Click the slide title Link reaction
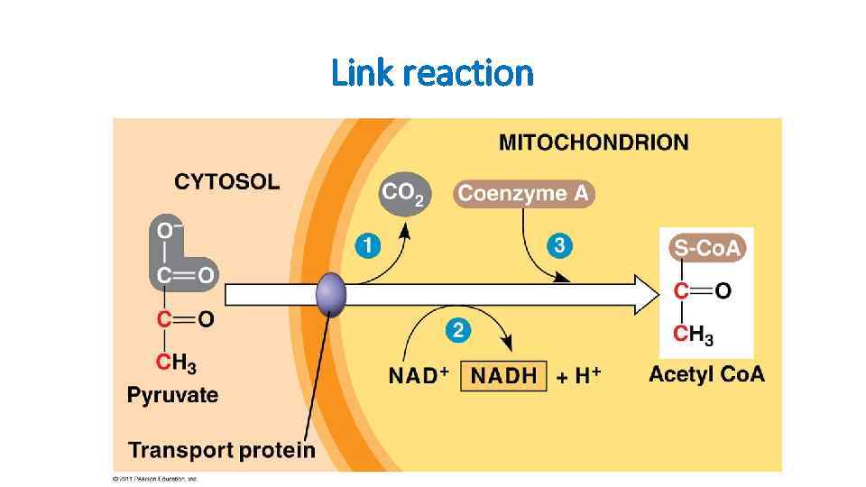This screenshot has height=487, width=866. click(x=432, y=72)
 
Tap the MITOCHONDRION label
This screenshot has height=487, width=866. click(x=593, y=142)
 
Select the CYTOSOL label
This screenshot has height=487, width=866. click(x=226, y=182)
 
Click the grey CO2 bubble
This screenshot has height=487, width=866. click(x=403, y=193)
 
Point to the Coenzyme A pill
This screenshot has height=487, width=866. click(x=524, y=193)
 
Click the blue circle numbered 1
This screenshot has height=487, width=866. click(x=367, y=245)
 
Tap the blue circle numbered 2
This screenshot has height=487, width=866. click(x=458, y=331)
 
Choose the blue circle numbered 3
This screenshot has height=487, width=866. click(x=559, y=245)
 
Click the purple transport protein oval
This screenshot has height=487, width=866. click(x=331, y=294)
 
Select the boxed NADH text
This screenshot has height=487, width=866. click(x=503, y=376)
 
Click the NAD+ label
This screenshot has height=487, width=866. click(x=419, y=376)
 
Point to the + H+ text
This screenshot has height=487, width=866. click(x=578, y=376)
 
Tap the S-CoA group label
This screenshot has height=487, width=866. click(x=706, y=249)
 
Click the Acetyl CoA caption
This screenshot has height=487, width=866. click(x=706, y=374)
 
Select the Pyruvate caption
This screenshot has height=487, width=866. click(x=172, y=395)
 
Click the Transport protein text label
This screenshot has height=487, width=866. click(x=222, y=449)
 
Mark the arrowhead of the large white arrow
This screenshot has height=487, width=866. click(x=649, y=295)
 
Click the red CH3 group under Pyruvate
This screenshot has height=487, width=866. click(x=176, y=363)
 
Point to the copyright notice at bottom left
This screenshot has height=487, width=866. click(x=154, y=478)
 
